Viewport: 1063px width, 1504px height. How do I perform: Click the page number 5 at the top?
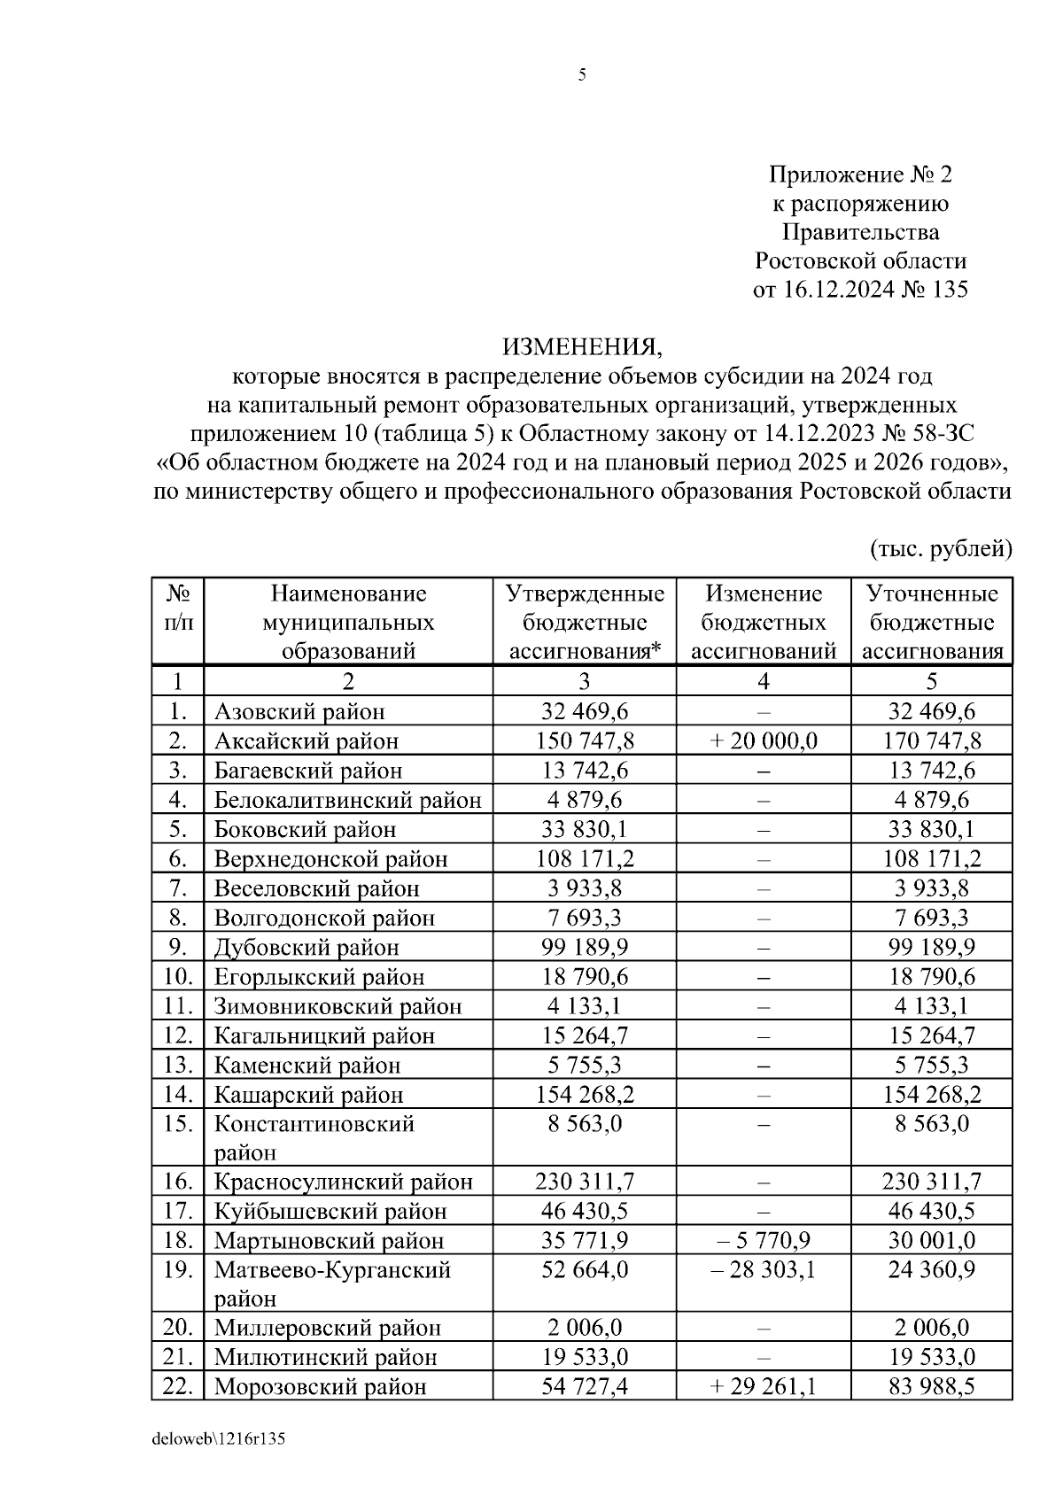582,75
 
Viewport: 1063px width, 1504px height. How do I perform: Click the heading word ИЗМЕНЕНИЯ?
582,345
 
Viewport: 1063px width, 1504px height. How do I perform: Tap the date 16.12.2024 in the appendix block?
838,290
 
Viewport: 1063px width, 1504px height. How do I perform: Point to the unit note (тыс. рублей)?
942,549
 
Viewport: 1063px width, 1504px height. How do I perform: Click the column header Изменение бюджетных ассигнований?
764,623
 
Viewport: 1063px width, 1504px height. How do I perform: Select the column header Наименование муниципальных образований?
348,623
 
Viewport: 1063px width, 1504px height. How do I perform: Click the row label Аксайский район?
306,740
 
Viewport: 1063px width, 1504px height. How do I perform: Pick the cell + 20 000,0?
764,740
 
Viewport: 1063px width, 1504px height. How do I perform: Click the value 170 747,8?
932,740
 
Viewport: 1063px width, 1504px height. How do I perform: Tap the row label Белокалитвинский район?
347,800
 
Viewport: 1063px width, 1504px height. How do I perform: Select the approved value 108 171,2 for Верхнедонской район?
585,858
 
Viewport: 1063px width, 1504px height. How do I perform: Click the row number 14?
178,1094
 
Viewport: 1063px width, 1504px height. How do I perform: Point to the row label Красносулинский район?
344,1182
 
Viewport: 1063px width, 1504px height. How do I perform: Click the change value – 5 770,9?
764,1240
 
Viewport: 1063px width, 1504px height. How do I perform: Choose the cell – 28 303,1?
764,1270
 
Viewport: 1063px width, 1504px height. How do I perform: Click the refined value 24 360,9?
932,1270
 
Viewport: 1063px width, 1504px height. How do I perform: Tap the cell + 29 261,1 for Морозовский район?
764,1386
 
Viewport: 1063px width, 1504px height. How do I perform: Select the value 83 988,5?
932,1386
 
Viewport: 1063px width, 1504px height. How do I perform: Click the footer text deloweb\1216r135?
218,1439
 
